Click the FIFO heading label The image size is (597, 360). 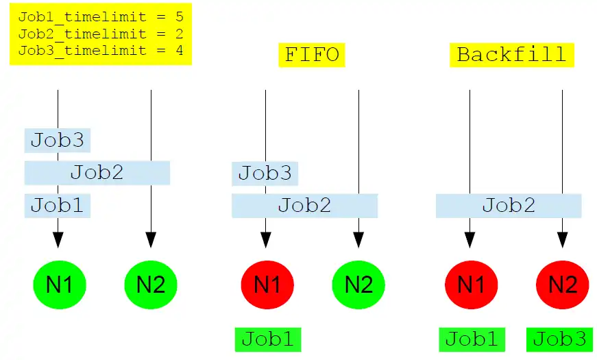coord(312,55)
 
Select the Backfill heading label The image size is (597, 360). coord(511,55)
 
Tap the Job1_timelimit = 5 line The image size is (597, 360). coord(101,17)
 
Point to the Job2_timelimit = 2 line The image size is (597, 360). coord(101,34)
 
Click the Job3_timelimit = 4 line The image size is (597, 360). coord(101,50)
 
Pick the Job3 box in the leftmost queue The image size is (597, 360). coord(58,141)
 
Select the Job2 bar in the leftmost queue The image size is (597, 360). coord(97,173)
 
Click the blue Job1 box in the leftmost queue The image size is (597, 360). coord(58,205)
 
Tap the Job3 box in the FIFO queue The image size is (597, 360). coord(265,173)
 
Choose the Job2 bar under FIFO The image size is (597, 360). coord(304,205)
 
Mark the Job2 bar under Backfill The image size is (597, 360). coord(509,205)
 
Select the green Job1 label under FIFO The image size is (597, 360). coord(267,339)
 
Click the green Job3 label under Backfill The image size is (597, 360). coord(559,339)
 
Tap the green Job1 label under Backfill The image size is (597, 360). coord(472,339)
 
